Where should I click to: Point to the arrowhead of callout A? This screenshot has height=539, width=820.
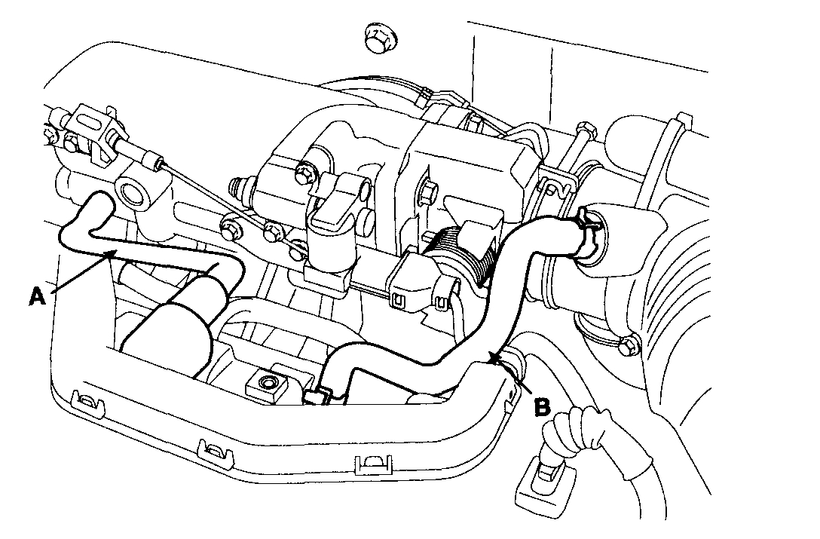tap(112, 254)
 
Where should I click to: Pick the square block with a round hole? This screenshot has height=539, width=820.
tap(267, 384)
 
